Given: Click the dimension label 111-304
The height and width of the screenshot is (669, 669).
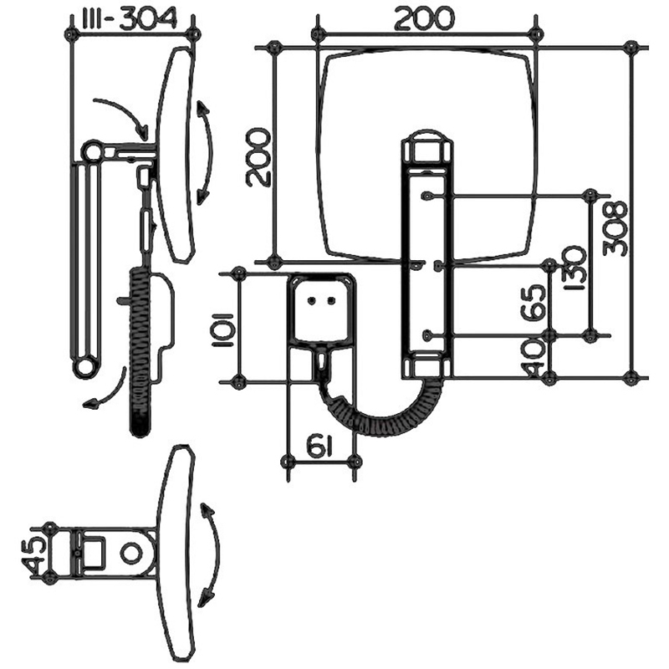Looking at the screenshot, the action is click(128, 19).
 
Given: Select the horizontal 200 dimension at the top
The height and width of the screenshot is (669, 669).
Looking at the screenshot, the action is click(425, 19).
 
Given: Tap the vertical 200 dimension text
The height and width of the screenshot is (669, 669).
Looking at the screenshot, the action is click(259, 157).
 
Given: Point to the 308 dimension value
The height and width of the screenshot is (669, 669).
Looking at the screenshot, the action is click(615, 228).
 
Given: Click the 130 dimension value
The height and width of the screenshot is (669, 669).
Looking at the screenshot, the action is click(574, 268).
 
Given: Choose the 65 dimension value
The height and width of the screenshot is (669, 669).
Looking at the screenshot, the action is click(534, 303).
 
